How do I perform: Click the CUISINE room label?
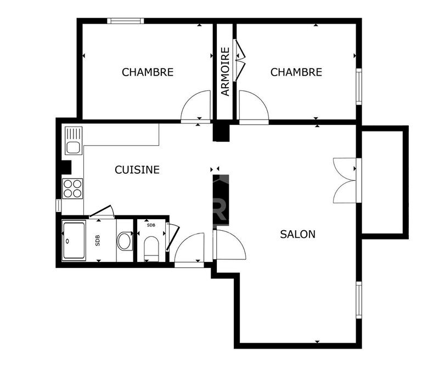[137, 170]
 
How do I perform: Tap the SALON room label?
[297, 234]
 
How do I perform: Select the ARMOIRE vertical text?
[225, 72]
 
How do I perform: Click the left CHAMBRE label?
[148, 72]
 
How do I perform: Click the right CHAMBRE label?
[296, 72]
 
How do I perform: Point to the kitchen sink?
[73, 140]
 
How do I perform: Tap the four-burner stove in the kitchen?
[72, 189]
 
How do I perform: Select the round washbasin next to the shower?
[125, 241]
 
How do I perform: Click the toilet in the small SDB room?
[151, 247]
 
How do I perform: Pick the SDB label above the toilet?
[151, 225]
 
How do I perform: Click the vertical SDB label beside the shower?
[98, 240]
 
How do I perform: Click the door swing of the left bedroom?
[196, 106]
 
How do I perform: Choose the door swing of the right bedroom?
[252, 106]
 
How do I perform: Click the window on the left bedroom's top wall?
[125, 21]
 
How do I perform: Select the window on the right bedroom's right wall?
[359, 86]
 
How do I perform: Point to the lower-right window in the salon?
[359, 300]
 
